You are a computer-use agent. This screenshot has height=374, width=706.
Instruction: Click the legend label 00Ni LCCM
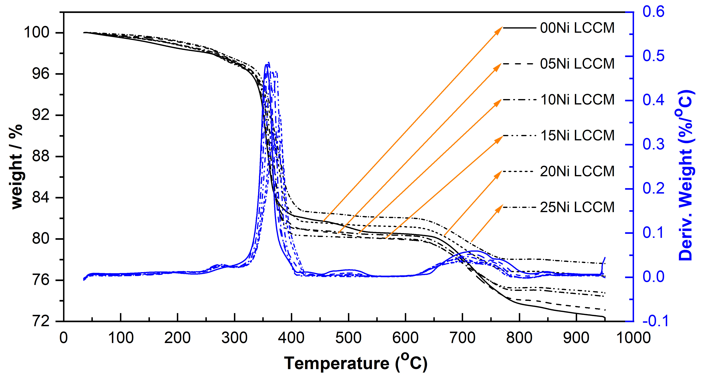tap(577, 28)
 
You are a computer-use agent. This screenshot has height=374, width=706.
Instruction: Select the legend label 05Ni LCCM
tap(577, 64)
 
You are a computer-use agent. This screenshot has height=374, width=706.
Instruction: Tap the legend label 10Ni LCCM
tap(577, 100)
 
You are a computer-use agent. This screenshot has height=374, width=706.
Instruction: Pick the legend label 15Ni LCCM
tap(577, 136)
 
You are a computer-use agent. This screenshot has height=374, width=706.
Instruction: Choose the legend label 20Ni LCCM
tap(577, 172)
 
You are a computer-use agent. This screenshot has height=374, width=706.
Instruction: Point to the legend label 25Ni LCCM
tap(577, 207)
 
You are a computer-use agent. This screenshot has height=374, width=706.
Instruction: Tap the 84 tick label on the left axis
tap(41, 198)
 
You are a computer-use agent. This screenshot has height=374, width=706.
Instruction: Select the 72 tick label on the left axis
tap(41, 321)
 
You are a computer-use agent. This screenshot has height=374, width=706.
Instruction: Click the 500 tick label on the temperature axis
tap(348, 338)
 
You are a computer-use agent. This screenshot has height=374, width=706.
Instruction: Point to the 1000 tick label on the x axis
tap(633, 338)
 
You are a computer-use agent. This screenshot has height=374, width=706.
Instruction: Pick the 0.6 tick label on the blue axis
tap(654, 12)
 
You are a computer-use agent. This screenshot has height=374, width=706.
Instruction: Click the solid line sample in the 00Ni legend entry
tap(519, 28)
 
